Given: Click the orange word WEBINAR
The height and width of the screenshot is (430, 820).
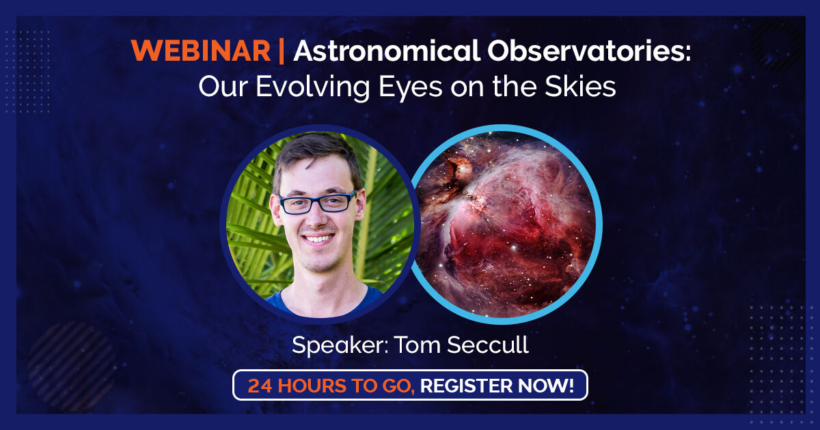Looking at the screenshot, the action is [201, 51].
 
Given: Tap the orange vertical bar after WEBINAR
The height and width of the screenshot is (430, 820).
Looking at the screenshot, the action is [281, 52].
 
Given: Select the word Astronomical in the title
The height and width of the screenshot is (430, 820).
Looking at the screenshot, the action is [387, 51].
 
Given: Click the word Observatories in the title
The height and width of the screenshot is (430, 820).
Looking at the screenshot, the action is [588, 51].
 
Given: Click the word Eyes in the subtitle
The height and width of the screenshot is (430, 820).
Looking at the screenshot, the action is [411, 89].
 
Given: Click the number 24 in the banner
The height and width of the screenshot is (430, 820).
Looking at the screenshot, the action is [260, 386].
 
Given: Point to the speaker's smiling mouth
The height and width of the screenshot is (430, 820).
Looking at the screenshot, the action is [318, 239].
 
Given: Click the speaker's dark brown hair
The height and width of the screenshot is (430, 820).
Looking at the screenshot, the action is [316, 154].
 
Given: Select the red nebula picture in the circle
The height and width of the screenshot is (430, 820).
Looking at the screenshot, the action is [506, 224].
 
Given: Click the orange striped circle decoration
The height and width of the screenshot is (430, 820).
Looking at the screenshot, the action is [72, 366].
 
